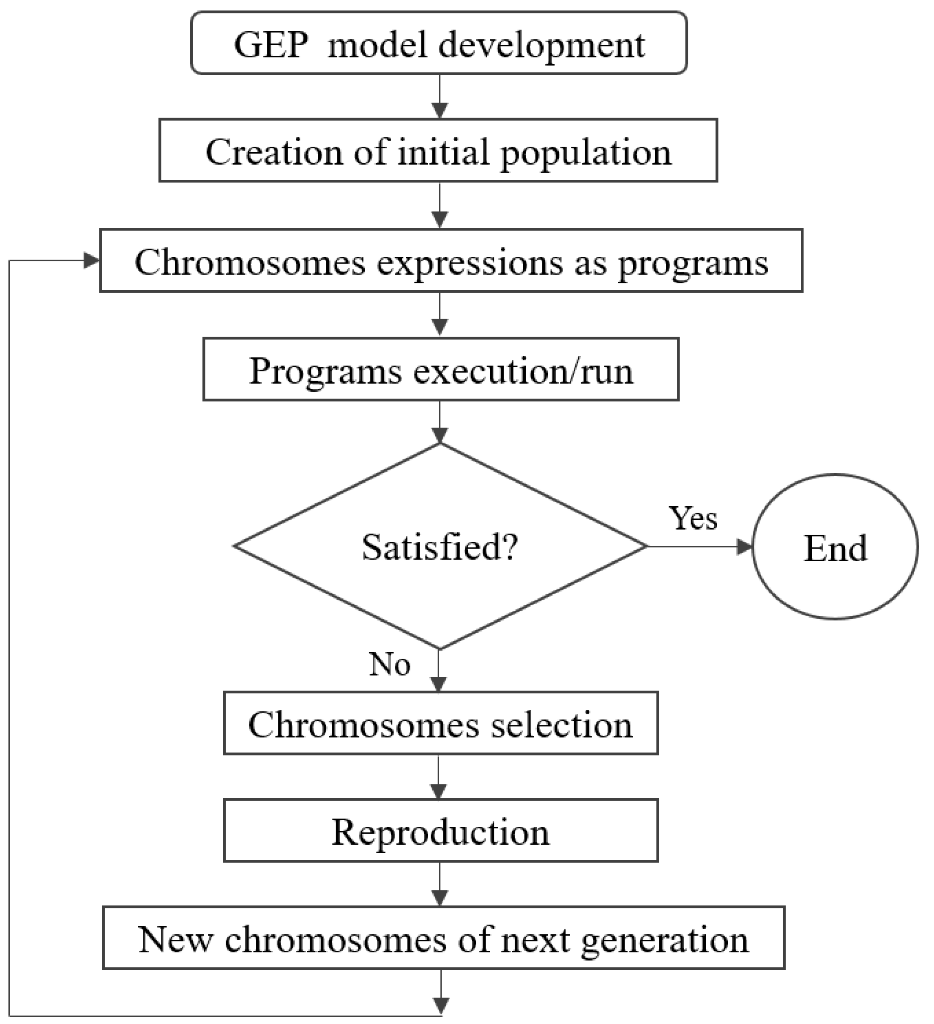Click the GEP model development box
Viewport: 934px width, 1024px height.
pos(439,44)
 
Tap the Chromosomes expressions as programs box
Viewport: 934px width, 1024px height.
pos(451,261)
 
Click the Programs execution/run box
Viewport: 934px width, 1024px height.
pos(441,370)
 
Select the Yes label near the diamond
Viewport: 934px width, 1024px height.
pos(693,519)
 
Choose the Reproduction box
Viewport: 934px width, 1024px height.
pos(441,832)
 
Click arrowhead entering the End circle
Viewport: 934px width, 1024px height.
pos(744,547)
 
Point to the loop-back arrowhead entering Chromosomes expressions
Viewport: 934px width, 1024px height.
pos(91,261)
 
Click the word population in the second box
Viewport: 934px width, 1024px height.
pos(586,154)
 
